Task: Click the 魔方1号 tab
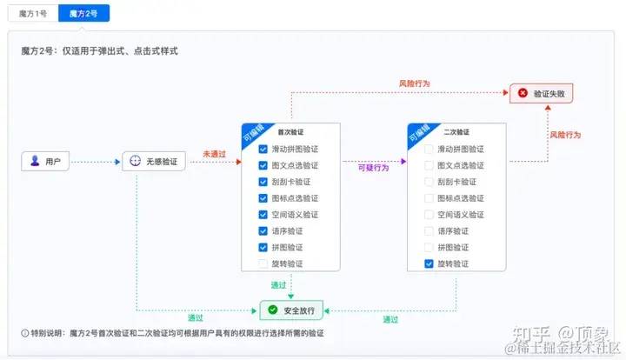[33, 14]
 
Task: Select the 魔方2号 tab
[83, 14]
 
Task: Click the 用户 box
[45, 161]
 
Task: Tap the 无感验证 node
[155, 161]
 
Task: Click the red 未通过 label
[214, 154]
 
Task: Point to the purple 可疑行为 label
[373, 168]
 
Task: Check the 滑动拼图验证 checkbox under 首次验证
[263, 149]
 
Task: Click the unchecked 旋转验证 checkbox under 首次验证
[263, 263]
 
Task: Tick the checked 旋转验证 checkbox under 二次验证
[429, 263]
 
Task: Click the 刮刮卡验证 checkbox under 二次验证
[429, 182]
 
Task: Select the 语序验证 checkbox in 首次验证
[263, 230]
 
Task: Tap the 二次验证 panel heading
[456, 132]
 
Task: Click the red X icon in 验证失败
[523, 93]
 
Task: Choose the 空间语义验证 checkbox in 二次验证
[429, 214]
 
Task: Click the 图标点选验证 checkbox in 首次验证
[263, 197]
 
